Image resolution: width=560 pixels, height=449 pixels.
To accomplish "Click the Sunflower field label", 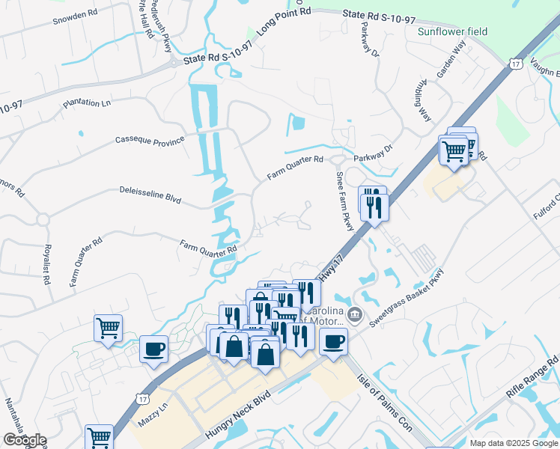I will (452, 31).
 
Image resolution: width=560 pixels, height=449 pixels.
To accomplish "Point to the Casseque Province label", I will (149, 140).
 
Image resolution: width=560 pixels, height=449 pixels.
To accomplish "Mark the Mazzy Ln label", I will (156, 423).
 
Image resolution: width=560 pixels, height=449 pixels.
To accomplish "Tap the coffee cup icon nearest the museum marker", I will (333, 341).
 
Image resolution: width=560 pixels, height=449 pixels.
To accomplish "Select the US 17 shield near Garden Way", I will (514, 65).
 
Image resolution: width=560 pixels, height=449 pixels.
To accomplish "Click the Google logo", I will (24, 441).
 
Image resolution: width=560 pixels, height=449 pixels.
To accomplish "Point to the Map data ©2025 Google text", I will (513, 443).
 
